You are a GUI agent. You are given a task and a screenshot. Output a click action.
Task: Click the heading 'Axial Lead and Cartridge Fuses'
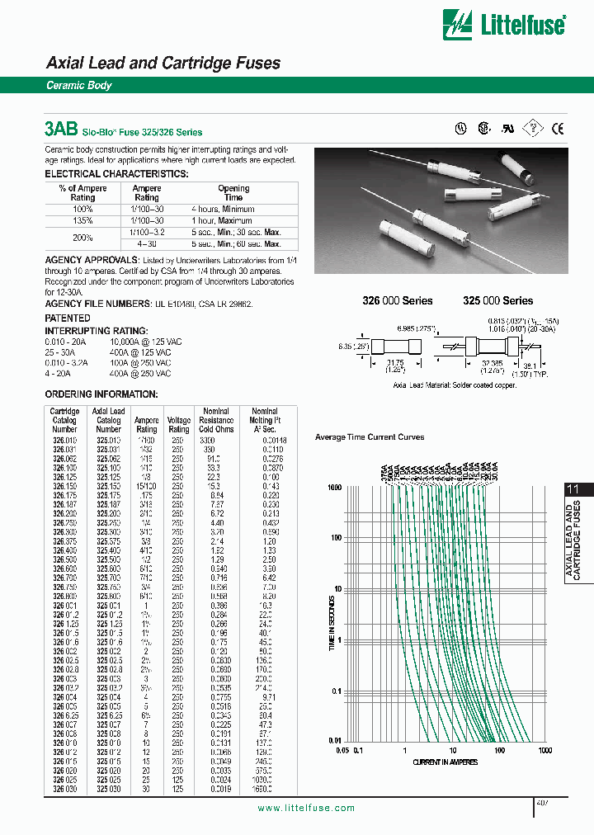pos(163,64)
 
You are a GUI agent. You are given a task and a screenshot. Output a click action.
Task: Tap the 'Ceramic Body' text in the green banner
pos(79,86)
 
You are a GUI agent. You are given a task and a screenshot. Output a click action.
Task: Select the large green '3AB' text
pos(61,130)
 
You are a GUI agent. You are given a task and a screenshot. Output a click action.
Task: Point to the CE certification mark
pos(558,128)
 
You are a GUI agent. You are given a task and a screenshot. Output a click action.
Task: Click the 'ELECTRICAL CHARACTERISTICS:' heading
pos(116,174)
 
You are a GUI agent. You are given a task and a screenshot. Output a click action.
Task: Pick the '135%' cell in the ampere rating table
pos(82,221)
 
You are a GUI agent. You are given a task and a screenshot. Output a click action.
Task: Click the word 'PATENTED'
pos(68,318)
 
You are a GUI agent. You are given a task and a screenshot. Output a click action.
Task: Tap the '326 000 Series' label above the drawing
pos(398,301)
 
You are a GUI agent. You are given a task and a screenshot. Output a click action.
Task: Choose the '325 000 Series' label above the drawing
pos(497,301)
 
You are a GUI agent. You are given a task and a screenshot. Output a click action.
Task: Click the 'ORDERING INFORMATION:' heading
pos(101,394)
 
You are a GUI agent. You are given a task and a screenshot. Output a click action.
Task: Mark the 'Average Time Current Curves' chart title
pos(370,436)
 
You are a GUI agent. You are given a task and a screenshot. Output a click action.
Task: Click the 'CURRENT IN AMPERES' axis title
pos(445,762)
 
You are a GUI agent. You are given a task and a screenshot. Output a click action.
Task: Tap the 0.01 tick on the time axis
pos(335,742)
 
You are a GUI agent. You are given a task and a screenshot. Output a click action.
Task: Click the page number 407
pos(543,802)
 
